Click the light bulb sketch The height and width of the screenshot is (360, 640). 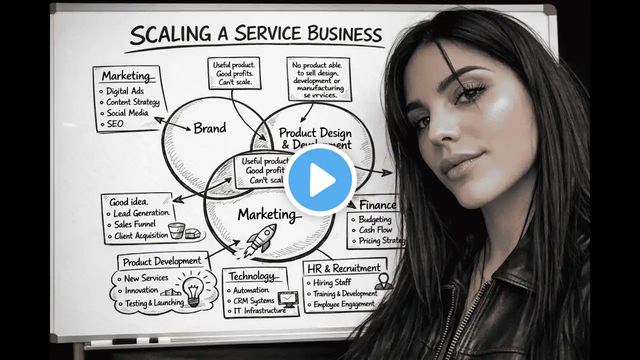point(193,289)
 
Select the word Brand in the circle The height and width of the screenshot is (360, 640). point(209,128)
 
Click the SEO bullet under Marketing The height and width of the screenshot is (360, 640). point(115,123)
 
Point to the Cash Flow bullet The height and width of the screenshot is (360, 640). point(375,230)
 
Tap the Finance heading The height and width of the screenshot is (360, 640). point(377,205)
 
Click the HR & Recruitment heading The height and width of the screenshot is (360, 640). point(344,268)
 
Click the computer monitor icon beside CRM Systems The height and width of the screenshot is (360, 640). point(287,299)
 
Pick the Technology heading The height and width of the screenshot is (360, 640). point(251,276)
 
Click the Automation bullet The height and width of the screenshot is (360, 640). point(251,290)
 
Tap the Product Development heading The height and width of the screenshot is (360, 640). point(162,261)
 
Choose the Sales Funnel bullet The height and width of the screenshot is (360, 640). point(134,224)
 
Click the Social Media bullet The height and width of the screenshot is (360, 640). point(127,113)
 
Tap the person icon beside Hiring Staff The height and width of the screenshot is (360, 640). point(383,281)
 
